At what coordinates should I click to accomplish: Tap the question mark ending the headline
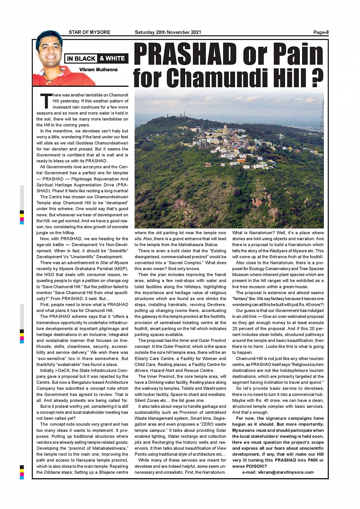coord(315,77)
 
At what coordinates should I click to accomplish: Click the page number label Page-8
coord(321,32)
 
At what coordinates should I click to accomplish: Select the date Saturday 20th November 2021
coord(168,32)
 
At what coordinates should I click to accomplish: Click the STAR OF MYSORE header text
coord(90,32)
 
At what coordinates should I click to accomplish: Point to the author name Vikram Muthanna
coord(98,70)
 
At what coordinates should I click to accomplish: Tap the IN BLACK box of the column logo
coord(81,59)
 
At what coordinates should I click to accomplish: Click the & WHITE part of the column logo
coord(112,59)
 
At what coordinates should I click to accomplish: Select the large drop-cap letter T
coord(45,101)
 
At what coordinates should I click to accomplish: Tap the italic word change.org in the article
coord(117,281)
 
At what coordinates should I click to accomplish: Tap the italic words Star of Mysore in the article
coord(114,263)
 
